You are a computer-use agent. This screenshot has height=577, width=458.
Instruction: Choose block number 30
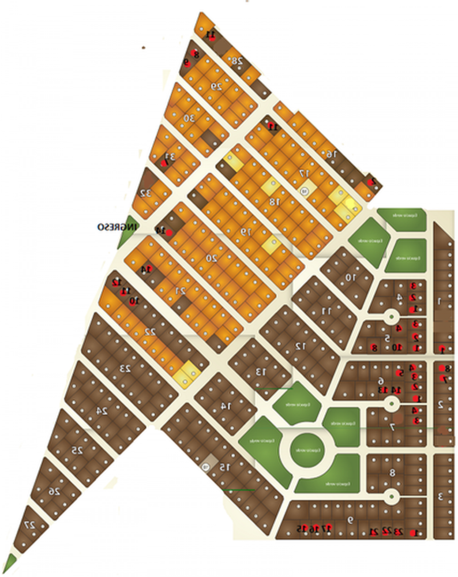click(189, 118)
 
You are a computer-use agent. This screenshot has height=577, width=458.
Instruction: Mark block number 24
click(102, 411)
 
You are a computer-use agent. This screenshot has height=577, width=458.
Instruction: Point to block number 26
click(54, 492)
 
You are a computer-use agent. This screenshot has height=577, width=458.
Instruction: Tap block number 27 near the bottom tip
click(31, 525)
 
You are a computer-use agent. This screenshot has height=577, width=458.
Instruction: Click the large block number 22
click(149, 332)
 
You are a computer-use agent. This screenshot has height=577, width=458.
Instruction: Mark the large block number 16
click(331, 154)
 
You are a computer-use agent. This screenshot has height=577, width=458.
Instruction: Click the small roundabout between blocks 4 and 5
click(391, 316)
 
